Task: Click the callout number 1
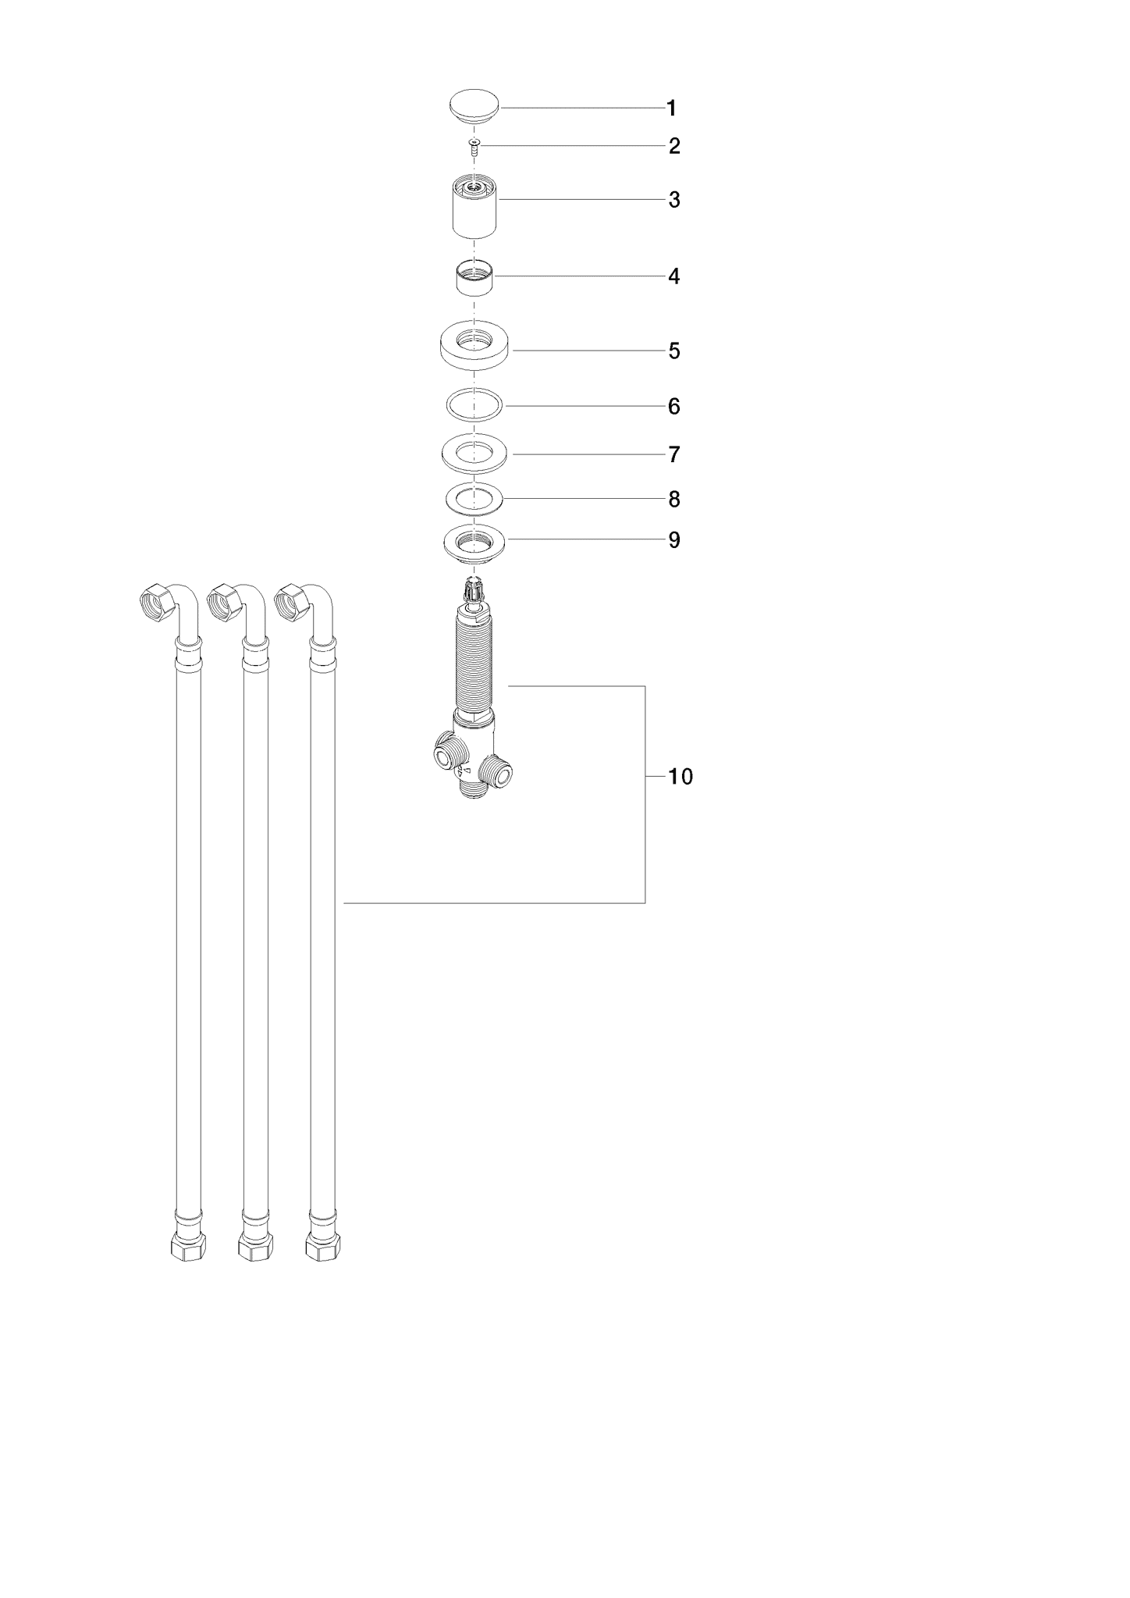(x=671, y=109)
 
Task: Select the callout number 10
(x=680, y=777)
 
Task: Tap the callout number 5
(x=674, y=351)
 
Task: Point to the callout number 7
(x=674, y=454)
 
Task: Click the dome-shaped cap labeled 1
(x=474, y=108)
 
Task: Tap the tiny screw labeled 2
(x=474, y=146)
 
